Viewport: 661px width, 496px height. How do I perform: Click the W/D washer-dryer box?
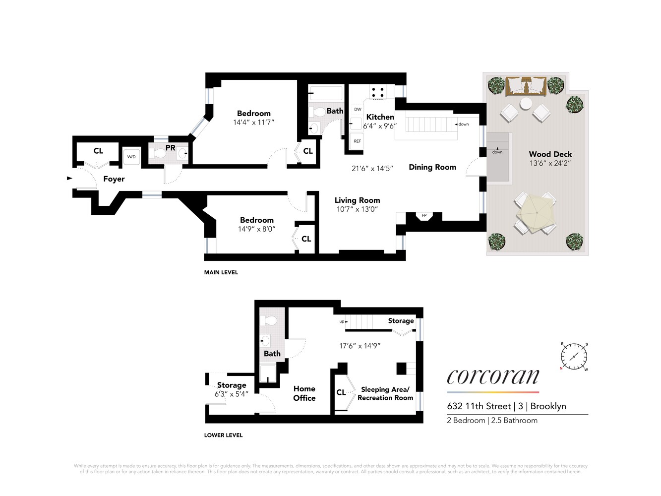click(x=131, y=157)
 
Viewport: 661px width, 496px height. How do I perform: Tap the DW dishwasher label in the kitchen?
click(x=358, y=110)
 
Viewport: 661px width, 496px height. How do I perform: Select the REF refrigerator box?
click(x=357, y=141)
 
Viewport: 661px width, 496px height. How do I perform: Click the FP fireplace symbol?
click(x=424, y=216)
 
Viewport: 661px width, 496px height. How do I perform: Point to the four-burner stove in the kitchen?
click(x=377, y=92)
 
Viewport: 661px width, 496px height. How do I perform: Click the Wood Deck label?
click(x=550, y=154)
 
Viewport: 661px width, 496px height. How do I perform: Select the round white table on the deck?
click(x=526, y=104)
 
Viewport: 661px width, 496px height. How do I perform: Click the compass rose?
click(x=574, y=356)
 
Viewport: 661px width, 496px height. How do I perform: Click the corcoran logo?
click(x=493, y=376)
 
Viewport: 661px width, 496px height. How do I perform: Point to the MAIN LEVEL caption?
click(x=221, y=272)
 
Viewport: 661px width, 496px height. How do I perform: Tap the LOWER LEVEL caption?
click(x=223, y=435)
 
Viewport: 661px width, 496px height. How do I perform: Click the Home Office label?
click(x=304, y=393)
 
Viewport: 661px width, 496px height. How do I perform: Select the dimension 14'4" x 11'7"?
click(x=253, y=123)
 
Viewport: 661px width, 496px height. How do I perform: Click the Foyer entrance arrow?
click(x=69, y=178)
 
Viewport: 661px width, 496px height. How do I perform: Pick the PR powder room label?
click(x=170, y=148)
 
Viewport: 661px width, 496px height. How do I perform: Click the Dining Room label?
click(x=432, y=167)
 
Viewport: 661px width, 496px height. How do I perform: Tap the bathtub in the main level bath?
click(x=325, y=93)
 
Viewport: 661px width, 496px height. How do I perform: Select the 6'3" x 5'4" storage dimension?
click(x=231, y=394)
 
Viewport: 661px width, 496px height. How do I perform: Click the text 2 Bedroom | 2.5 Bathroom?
click(x=492, y=420)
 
